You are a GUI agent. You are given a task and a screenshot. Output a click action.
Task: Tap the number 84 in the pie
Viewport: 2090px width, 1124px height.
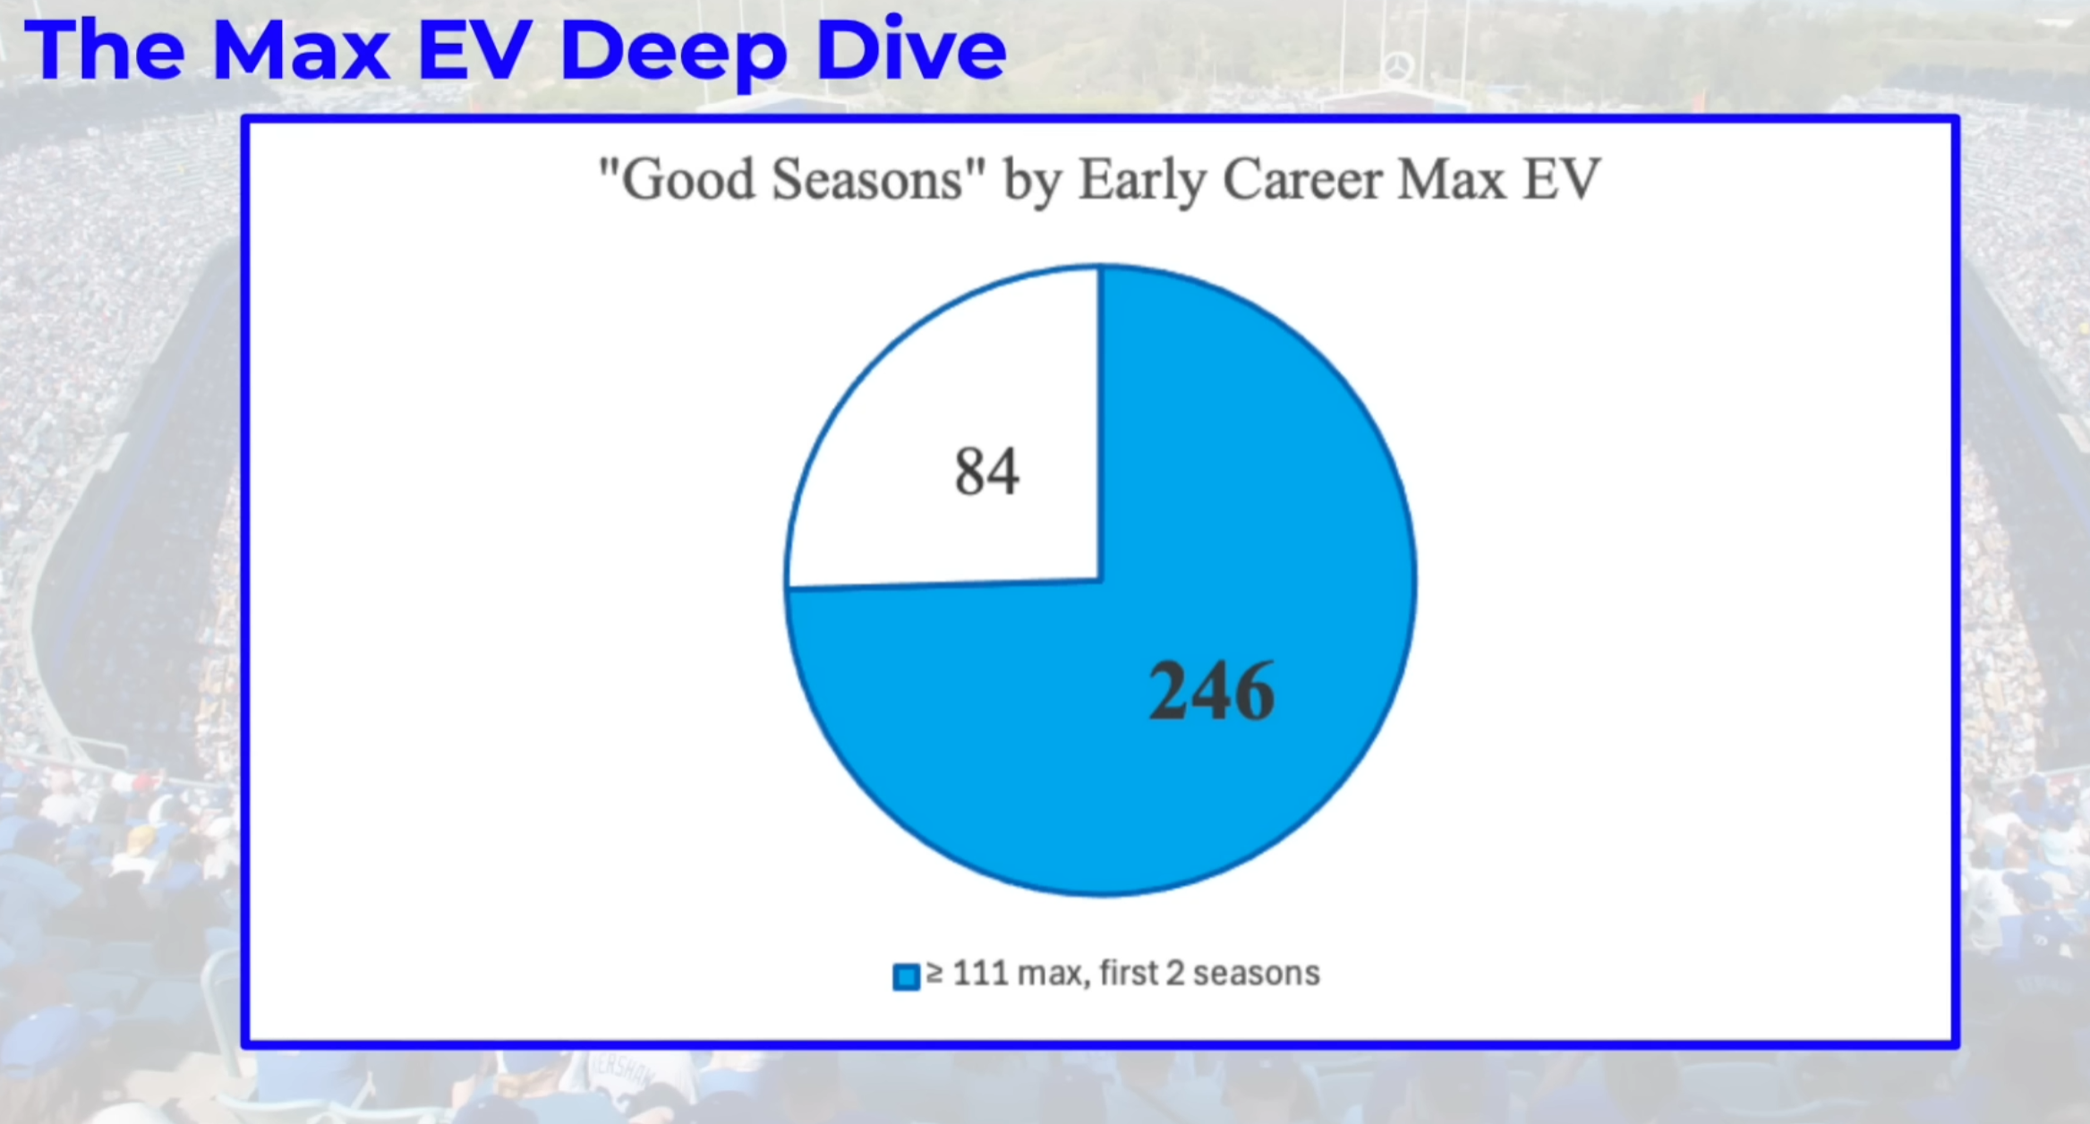coord(986,471)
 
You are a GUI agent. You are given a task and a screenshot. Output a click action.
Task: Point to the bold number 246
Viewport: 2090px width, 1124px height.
coord(1211,690)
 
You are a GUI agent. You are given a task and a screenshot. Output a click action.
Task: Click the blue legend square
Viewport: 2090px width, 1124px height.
coord(906,976)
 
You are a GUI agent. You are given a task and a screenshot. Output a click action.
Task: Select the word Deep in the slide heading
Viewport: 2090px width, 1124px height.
coord(673,52)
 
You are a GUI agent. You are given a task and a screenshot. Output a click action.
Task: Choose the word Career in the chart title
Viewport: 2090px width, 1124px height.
coord(1302,179)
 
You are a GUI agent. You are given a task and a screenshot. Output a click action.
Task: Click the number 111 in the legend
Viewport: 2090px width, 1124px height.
coord(980,973)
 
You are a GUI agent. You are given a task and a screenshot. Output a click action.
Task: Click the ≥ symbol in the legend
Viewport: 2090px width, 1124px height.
coord(935,973)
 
